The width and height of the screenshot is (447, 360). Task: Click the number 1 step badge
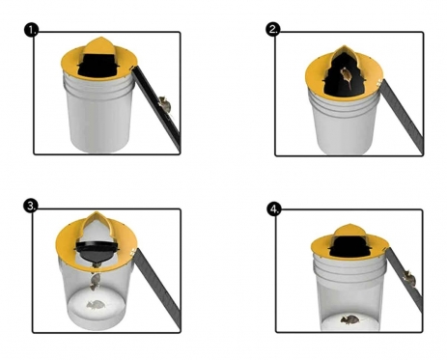coord(31,30)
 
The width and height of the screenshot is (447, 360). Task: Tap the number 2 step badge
coord(273,29)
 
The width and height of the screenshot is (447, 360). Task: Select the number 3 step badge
coord(31,206)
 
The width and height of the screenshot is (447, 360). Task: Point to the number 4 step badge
coord(274,209)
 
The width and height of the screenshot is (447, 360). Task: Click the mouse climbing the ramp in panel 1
coord(164,104)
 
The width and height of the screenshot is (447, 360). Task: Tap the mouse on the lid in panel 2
coord(346,77)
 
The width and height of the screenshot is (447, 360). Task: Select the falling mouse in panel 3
coord(96,282)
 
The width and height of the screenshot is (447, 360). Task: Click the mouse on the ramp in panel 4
coord(409,279)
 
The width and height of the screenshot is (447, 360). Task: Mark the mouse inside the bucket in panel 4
coord(349,319)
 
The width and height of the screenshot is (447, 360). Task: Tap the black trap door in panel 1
coord(98,66)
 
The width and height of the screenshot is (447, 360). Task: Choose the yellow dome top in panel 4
coord(349,231)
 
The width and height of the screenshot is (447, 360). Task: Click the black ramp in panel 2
coord(402,116)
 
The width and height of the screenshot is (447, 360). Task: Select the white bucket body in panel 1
coord(99,113)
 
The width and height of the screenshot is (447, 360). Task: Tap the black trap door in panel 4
coord(349,246)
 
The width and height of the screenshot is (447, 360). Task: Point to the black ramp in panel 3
coord(156,288)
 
